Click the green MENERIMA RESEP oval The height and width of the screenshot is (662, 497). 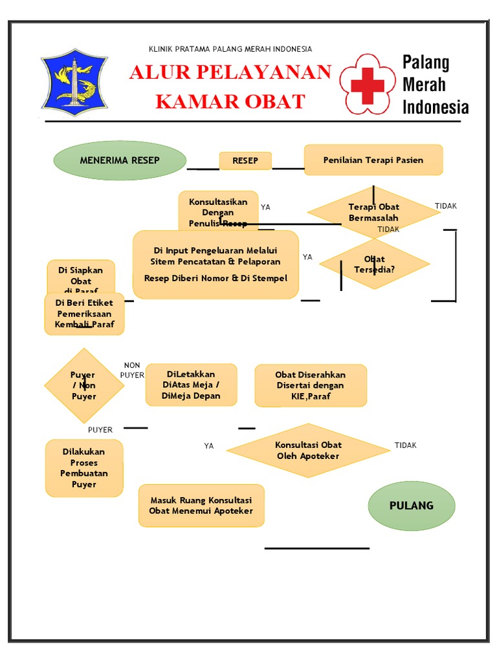[x=120, y=160]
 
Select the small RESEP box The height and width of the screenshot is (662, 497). [x=245, y=161]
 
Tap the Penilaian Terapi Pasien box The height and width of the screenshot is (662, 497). [x=373, y=160]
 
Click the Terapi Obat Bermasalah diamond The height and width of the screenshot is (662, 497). [x=373, y=213]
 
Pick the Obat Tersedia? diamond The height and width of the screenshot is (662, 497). [x=374, y=264]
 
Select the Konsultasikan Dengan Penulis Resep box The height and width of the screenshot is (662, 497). [x=218, y=211]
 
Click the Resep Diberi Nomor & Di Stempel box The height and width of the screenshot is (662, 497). [x=215, y=264]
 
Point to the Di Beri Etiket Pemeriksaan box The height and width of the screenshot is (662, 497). [x=84, y=314]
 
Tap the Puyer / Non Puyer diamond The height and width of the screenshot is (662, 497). [x=83, y=386]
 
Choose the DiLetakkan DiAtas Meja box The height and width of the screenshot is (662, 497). [x=191, y=385]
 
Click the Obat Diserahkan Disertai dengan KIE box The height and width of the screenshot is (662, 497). [x=311, y=385]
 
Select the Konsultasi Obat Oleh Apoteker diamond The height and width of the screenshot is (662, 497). [x=308, y=451]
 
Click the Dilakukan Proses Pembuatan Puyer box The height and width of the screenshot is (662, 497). [x=84, y=468]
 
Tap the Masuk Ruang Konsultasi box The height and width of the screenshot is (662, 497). [x=201, y=506]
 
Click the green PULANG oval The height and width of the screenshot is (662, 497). [x=412, y=506]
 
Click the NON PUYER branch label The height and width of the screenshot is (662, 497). [x=132, y=370]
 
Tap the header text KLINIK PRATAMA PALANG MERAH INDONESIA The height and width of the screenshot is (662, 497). [x=230, y=49]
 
